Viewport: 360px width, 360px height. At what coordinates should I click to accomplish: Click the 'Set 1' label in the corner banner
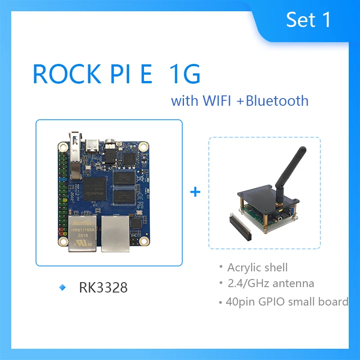tap(309, 19)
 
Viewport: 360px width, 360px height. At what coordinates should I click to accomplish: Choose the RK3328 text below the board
tap(103, 288)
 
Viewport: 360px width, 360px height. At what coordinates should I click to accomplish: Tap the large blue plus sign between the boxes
tap(195, 192)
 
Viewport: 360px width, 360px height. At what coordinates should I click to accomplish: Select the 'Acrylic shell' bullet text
tap(257, 267)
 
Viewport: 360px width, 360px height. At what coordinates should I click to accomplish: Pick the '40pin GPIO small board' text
tap(287, 301)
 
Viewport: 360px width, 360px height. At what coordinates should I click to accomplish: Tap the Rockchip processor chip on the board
tap(94, 188)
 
